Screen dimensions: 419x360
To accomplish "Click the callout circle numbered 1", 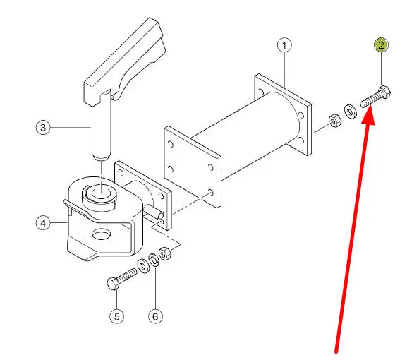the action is click(x=284, y=45).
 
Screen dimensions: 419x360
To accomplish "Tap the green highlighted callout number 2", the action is click(x=381, y=45).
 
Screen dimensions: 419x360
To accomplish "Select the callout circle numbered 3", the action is click(x=43, y=127).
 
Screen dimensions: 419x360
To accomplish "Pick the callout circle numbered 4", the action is click(x=43, y=223).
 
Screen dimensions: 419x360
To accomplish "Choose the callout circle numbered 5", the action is click(x=117, y=316).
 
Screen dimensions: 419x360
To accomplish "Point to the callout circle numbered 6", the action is click(x=155, y=316).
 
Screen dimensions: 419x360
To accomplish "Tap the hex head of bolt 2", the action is click(x=384, y=92).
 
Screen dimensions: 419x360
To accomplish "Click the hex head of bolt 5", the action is click(x=113, y=284).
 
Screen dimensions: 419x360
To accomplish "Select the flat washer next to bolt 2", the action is click(x=350, y=111).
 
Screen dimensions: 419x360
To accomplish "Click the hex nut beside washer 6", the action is click(x=165, y=253).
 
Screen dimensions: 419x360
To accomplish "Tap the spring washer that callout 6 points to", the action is click(x=154, y=260).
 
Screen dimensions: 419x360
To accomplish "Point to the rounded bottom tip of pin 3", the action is click(x=101, y=158).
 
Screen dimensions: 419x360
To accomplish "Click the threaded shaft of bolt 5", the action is click(x=127, y=275).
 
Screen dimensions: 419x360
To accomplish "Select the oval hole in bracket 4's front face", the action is click(x=102, y=234).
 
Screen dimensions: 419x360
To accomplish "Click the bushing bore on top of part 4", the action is click(x=102, y=193).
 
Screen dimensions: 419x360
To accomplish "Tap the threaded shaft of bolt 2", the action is click(x=370, y=100).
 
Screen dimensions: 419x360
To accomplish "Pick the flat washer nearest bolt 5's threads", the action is click(x=144, y=266).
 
